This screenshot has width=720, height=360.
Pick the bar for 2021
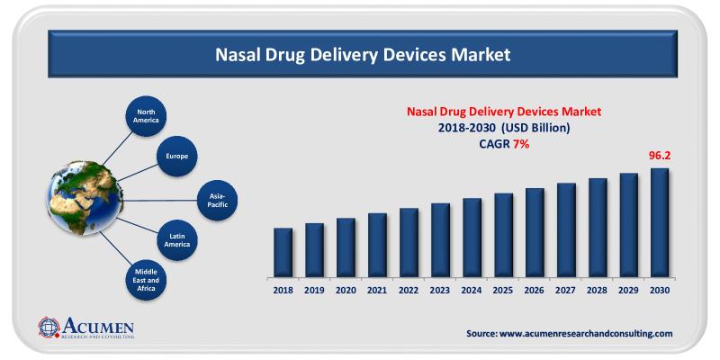click(377, 245)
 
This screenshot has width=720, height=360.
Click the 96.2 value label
click(661, 156)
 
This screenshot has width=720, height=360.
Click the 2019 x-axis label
click(314, 291)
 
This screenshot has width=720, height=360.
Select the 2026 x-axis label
click(535, 291)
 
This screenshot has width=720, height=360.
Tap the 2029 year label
click(629, 291)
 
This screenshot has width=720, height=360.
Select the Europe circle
click(177, 156)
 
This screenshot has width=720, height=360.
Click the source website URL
click(570, 333)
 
